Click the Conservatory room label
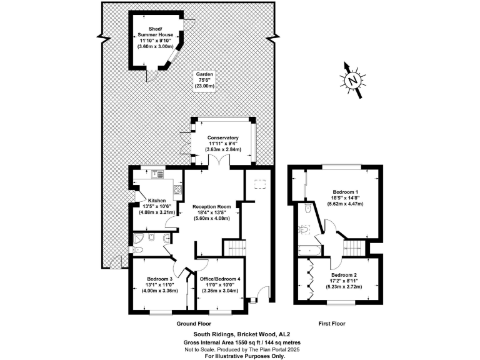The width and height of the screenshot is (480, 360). [x=224, y=143]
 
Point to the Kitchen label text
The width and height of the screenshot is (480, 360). [x=157, y=205]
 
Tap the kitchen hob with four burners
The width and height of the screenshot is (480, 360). [x=177, y=189]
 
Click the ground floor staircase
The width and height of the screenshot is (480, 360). [x=235, y=247]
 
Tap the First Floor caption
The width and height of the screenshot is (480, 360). [x=332, y=324]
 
